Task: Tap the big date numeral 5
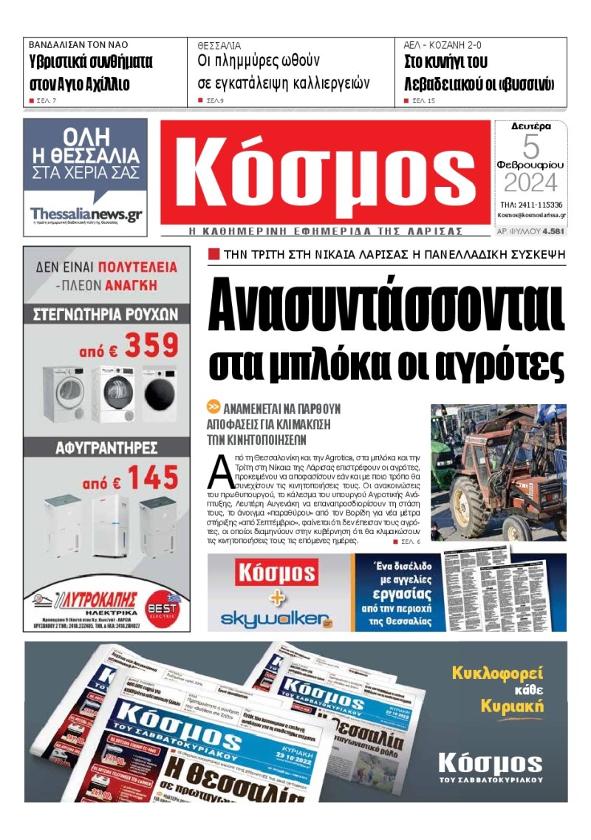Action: (x=531, y=146)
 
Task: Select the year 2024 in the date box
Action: (x=530, y=182)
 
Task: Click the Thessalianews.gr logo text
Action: (x=86, y=214)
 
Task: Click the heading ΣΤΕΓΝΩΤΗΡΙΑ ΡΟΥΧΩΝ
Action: (x=106, y=314)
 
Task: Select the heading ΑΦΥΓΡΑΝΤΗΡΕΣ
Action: (x=106, y=448)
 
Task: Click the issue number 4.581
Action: (x=553, y=231)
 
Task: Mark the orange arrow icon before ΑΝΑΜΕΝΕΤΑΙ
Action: (x=213, y=407)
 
